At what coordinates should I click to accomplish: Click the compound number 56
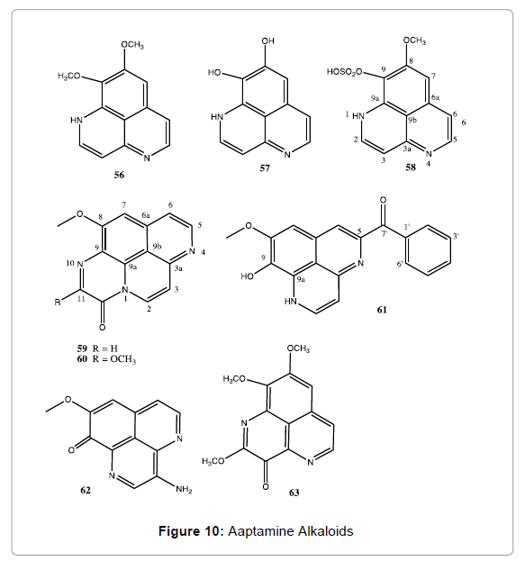(x=119, y=175)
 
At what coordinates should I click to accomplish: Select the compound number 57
(x=265, y=167)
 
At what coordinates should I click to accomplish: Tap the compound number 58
(x=411, y=167)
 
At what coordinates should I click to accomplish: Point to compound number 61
(x=382, y=309)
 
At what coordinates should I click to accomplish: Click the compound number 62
(x=86, y=490)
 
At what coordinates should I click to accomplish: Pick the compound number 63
(x=294, y=493)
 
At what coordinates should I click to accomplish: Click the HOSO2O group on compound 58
(x=345, y=72)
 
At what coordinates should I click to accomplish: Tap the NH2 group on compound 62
(x=184, y=489)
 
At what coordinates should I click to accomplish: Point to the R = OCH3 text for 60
(x=114, y=358)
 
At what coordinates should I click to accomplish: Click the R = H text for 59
(x=105, y=348)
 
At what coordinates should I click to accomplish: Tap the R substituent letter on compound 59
(x=58, y=303)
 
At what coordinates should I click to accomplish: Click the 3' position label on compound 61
(x=457, y=236)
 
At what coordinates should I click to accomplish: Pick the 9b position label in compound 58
(x=412, y=121)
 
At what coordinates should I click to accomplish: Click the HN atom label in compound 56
(x=77, y=121)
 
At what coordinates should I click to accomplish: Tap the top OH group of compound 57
(x=268, y=41)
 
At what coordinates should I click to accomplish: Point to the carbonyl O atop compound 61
(x=383, y=200)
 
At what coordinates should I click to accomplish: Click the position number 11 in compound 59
(x=81, y=298)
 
